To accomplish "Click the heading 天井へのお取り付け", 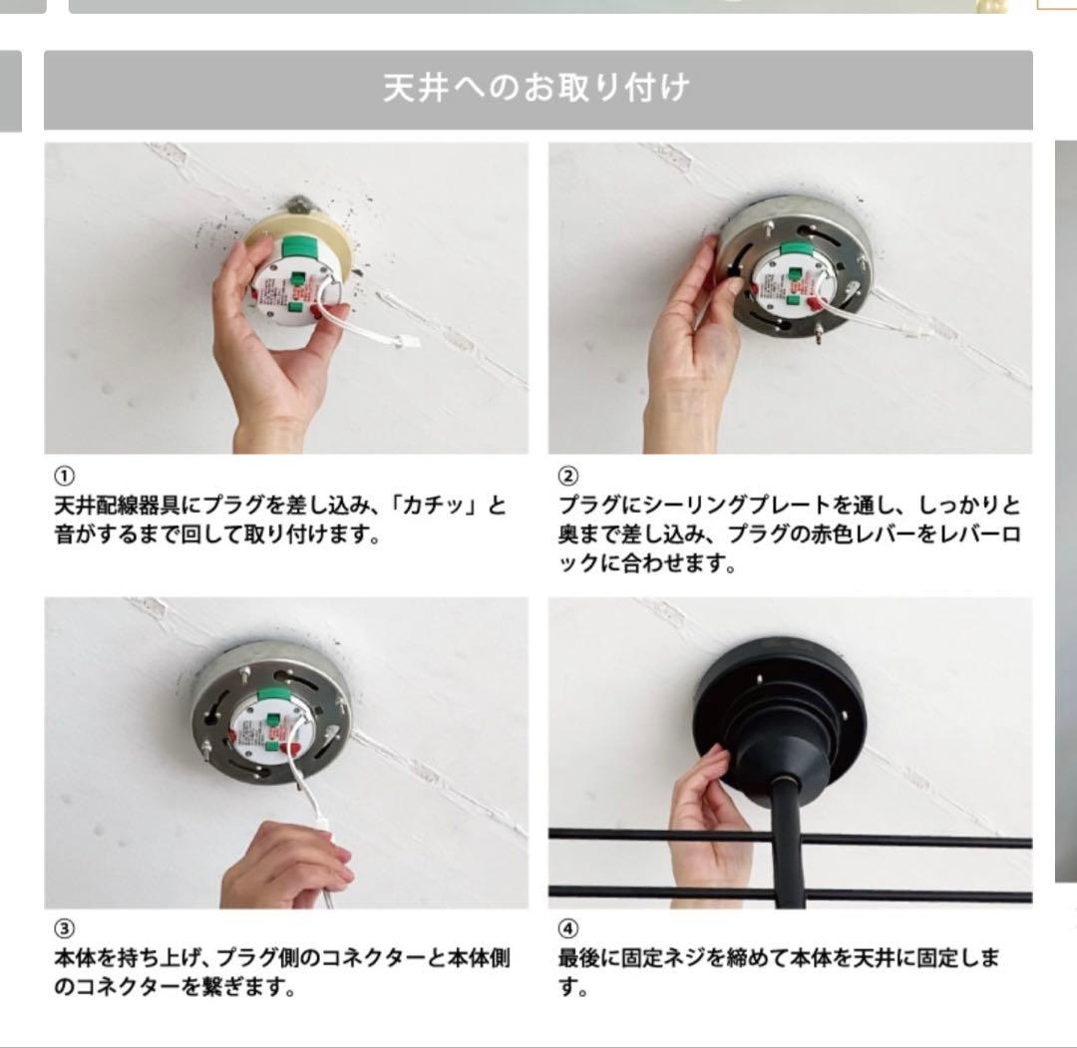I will coord(537,89).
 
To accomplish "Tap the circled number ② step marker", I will coord(566,476).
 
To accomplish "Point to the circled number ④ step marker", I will coord(566,929).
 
